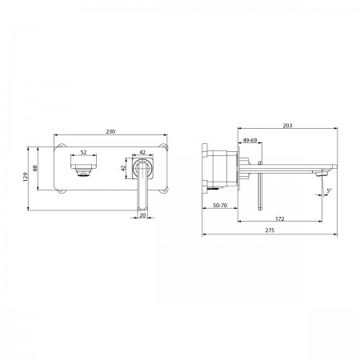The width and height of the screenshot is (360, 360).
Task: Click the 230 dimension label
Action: pyautogui.click(x=110, y=132)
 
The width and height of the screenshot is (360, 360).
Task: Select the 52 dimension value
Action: pyautogui.click(x=83, y=152)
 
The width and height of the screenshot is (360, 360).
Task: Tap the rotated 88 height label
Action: pyautogui.click(x=35, y=168)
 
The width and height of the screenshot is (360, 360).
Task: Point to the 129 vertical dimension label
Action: pyautogui.click(x=26, y=177)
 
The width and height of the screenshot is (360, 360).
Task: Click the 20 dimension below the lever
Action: pyautogui.click(x=143, y=215)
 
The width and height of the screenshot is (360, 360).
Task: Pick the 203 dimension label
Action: pyautogui.click(x=288, y=126)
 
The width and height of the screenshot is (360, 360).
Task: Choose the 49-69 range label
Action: pyautogui.click(x=250, y=140)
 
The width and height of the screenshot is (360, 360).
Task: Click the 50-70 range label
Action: pyautogui.click(x=220, y=206)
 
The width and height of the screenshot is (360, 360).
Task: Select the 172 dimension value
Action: pyautogui.click(x=280, y=219)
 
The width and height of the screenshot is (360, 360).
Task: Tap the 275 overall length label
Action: pyautogui.click(x=270, y=230)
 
